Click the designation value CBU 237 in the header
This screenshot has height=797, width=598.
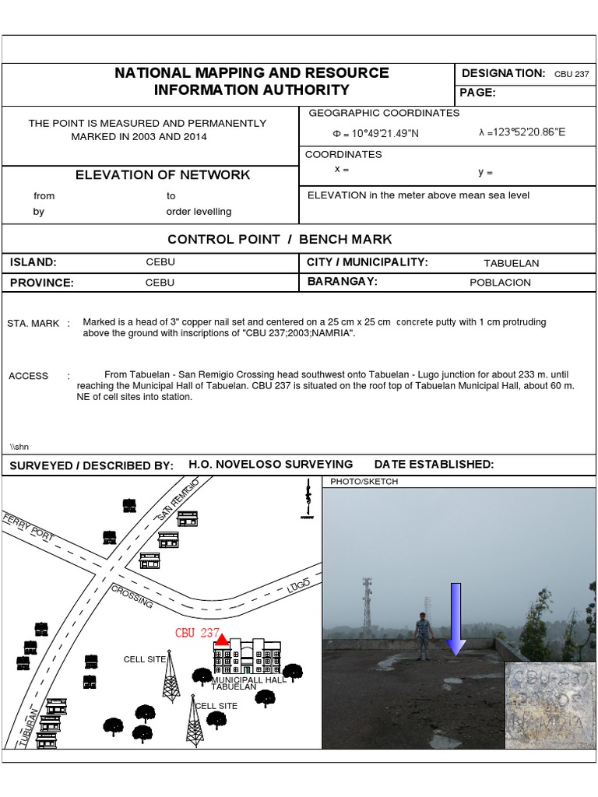(572, 75)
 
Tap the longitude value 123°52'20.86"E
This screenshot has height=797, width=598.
(522, 132)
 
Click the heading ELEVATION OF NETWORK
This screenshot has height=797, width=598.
(163, 175)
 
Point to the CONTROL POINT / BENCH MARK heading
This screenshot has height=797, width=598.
(280, 239)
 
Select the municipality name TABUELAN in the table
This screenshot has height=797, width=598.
(511, 263)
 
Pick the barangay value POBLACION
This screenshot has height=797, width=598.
(500, 283)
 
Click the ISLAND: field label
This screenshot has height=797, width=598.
(33, 262)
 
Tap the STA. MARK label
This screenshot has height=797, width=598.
(33, 323)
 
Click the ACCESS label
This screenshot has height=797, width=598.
(29, 376)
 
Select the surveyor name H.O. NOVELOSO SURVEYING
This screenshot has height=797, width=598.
(270, 464)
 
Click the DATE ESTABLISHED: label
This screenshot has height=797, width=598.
(434, 464)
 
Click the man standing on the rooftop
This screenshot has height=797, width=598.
(422, 636)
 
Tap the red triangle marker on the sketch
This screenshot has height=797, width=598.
(221, 640)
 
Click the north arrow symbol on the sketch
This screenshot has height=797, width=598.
(308, 500)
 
